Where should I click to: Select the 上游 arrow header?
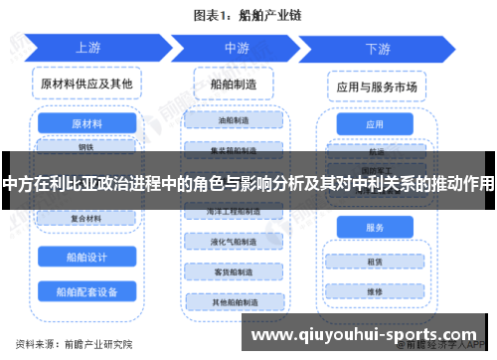[x=87, y=49]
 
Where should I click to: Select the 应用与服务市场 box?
[x=376, y=87]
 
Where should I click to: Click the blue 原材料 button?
[x=86, y=124]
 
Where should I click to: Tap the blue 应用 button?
[x=375, y=125]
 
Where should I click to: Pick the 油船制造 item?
[x=235, y=120]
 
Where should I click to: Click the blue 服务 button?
[x=375, y=229]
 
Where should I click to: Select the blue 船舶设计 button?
[x=86, y=258]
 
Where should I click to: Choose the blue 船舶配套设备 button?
[x=86, y=292]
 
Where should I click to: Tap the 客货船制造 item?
[x=235, y=271]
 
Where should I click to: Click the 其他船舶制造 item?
[x=235, y=300]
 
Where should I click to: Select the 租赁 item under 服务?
[x=375, y=263]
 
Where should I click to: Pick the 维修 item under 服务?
[x=375, y=292]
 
